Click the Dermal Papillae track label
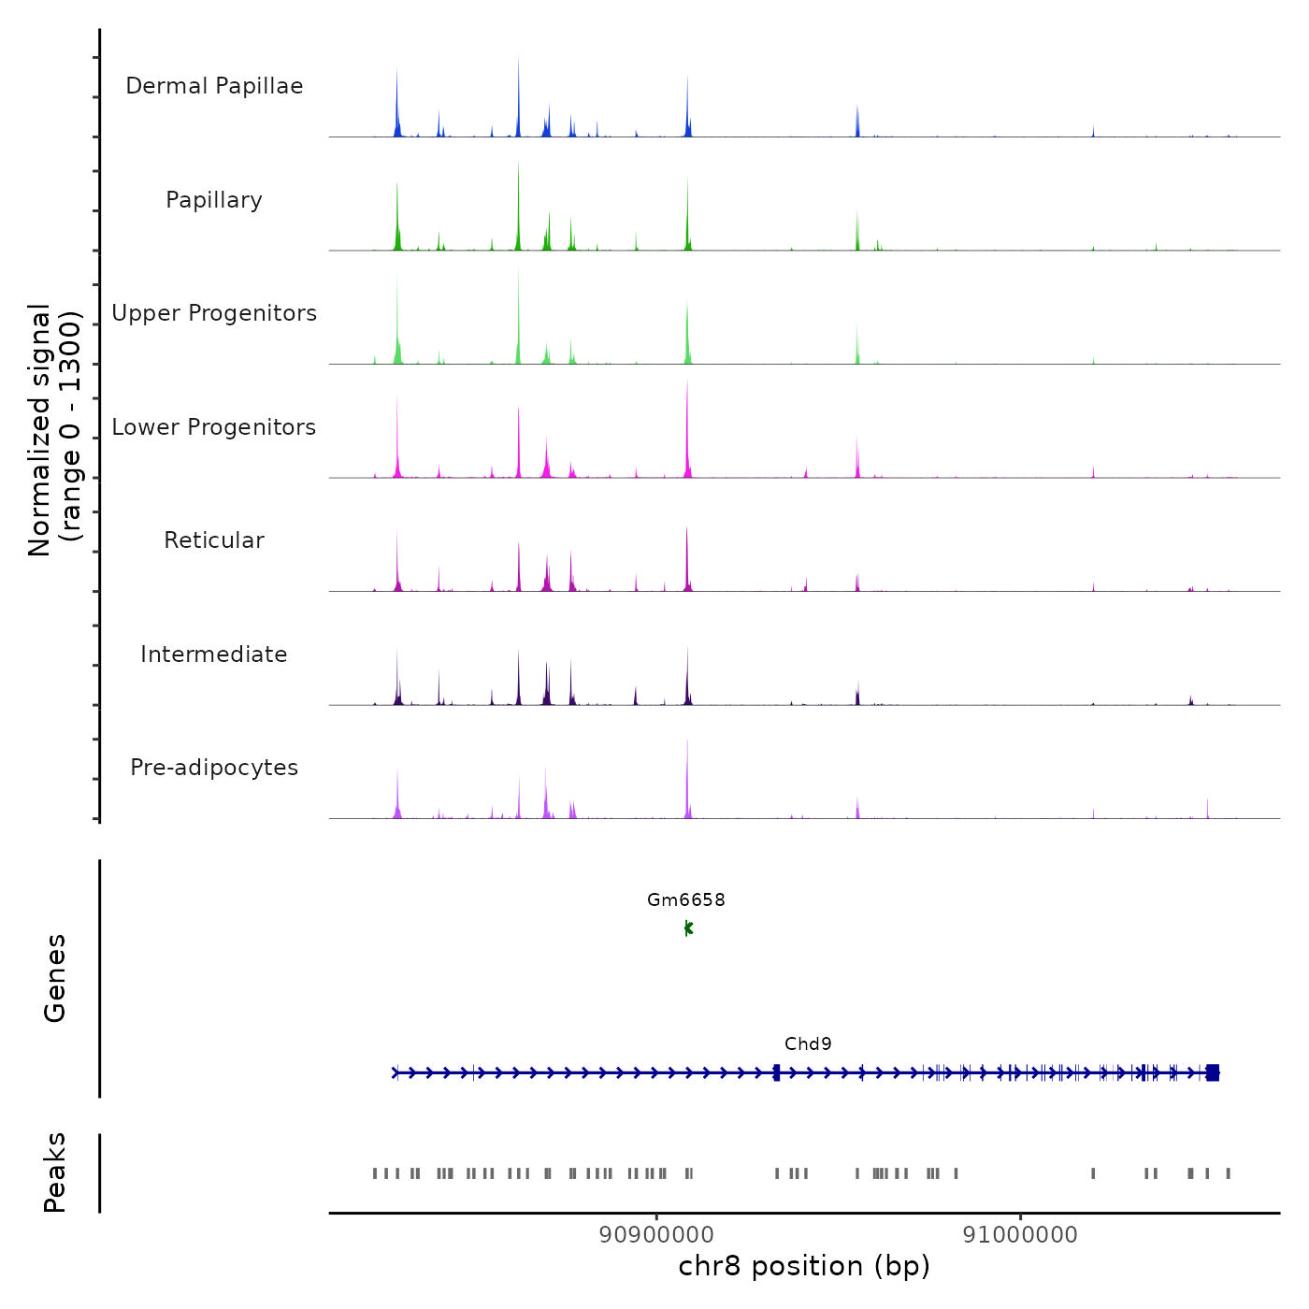click(x=214, y=86)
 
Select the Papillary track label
click(x=214, y=200)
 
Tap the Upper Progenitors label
click(x=214, y=313)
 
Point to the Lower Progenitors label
click(x=214, y=427)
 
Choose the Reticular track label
click(x=214, y=540)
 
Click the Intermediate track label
click(x=214, y=654)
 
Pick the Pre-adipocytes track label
click(x=214, y=768)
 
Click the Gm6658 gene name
click(x=686, y=900)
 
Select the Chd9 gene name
click(x=808, y=1044)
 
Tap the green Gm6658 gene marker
click(x=688, y=928)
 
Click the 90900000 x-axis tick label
click(x=656, y=1235)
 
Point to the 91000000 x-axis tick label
click(x=1020, y=1235)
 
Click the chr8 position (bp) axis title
click(x=804, y=1267)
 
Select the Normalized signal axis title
click(x=54, y=429)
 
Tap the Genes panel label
click(x=55, y=978)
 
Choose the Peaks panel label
click(x=55, y=1172)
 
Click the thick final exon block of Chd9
click(x=1213, y=1072)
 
